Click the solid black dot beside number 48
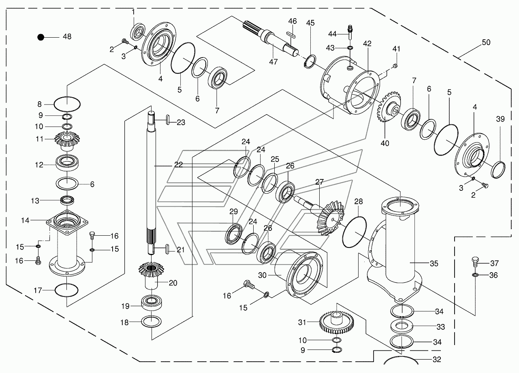pyautogui.click(x=41, y=37)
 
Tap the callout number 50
pyautogui.click(x=486, y=43)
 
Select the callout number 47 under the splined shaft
pyautogui.click(x=273, y=62)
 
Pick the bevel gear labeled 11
pyautogui.click(x=67, y=141)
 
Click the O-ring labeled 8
pyautogui.click(x=67, y=104)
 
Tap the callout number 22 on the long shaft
pyautogui.click(x=179, y=164)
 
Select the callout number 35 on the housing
pyautogui.click(x=434, y=263)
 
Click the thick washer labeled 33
pyautogui.click(x=402, y=326)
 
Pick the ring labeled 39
pyautogui.click(x=498, y=170)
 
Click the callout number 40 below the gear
pyautogui.click(x=385, y=143)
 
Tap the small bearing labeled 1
pyautogui.click(x=138, y=31)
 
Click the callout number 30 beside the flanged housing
pyautogui.click(x=262, y=275)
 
